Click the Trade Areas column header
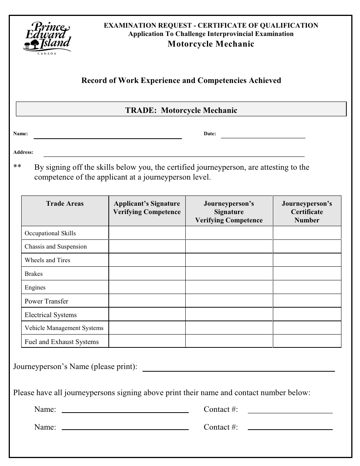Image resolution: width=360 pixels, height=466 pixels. coord(65,204)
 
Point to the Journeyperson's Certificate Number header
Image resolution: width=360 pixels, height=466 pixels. coord(307,212)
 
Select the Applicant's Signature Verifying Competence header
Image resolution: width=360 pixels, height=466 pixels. coord(147,208)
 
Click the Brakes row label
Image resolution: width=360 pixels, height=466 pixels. coord(34,274)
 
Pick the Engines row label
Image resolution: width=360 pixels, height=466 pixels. coord(35,288)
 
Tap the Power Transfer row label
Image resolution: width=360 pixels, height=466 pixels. coord(47,302)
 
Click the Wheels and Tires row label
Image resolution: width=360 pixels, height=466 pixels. coord(47,260)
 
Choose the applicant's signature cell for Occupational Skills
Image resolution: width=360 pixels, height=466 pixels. coord(147,233)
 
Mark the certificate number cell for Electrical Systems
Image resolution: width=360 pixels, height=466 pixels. coord(307,315)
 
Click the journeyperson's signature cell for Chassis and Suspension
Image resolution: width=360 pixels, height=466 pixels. coord(229,247)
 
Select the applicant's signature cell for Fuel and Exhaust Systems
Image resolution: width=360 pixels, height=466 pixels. coord(147,342)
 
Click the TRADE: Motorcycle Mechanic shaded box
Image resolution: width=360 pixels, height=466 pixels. coord(181,110)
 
